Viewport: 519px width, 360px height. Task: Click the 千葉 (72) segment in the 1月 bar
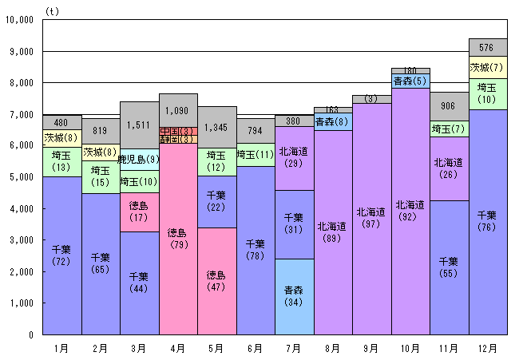point(61,255)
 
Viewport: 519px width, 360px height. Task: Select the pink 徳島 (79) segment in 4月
point(178,239)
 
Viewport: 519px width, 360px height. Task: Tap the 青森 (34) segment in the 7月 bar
point(295,296)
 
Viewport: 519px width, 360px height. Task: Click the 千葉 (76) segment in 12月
point(489,221)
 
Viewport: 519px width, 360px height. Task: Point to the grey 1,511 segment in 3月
point(139,125)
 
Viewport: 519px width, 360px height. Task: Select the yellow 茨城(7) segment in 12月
point(489,68)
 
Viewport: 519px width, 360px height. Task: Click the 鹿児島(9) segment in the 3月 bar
point(139,160)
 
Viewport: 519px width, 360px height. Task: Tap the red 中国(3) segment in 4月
point(178,131)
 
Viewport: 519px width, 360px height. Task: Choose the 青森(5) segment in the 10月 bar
point(411,81)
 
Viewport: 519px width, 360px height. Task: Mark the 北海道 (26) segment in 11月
point(450,168)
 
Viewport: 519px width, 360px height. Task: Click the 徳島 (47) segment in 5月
point(217,280)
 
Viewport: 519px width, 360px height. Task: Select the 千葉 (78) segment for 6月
point(256,250)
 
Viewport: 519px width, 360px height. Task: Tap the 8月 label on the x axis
point(333,348)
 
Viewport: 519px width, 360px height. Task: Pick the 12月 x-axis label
point(489,348)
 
